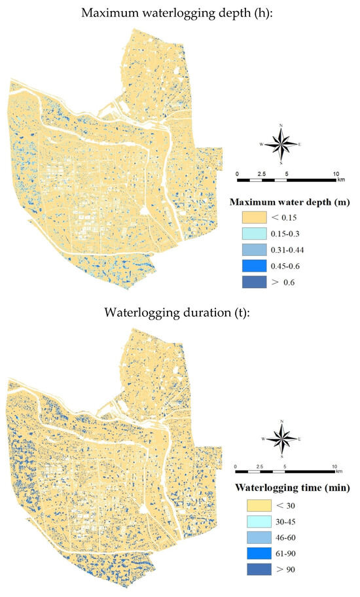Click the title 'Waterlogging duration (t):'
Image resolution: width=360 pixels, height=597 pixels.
click(x=180, y=311)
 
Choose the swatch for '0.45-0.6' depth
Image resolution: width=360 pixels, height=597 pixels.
click(x=256, y=266)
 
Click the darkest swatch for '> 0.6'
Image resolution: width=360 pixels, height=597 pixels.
click(x=256, y=282)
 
